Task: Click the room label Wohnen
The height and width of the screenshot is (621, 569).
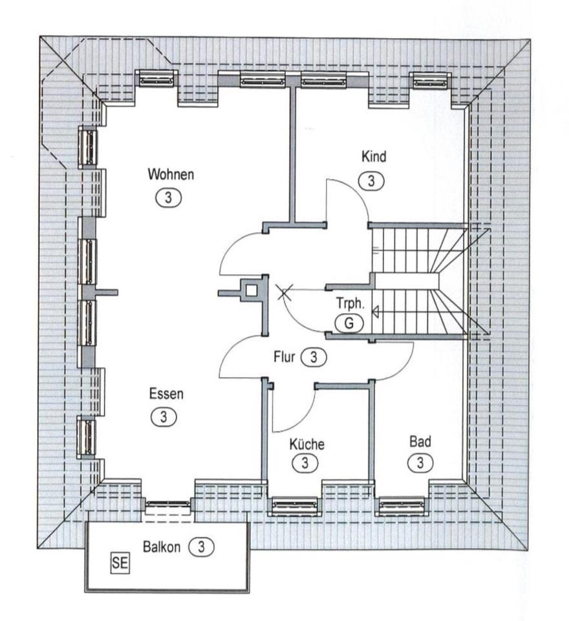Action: tap(171, 174)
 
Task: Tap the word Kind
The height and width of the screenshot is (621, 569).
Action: tap(374, 156)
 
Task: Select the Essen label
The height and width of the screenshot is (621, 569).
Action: tap(166, 393)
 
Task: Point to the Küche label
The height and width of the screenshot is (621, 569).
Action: tap(306, 444)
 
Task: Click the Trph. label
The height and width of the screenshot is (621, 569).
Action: tap(350, 303)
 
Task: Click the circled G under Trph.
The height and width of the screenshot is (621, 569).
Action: tap(349, 322)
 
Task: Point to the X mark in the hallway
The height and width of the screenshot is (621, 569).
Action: tap(283, 292)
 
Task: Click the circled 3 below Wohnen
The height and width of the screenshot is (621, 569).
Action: tap(169, 198)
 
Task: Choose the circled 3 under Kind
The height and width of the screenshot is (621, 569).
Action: tap(371, 180)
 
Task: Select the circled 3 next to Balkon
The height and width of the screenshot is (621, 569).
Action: tap(201, 546)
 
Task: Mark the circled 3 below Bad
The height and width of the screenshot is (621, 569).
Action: tap(420, 463)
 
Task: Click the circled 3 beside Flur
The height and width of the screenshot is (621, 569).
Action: tap(314, 356)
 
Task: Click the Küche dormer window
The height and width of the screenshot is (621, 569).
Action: tap(294, 505)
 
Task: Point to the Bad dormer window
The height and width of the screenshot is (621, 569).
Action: tap(402, 505)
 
